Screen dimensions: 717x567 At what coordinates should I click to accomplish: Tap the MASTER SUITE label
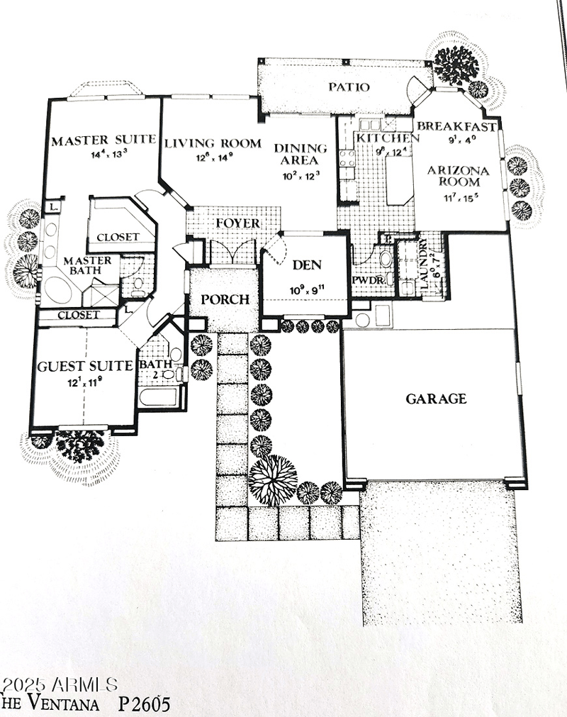click(103, 140)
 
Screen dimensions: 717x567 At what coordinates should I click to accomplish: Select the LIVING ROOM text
click(213, 143)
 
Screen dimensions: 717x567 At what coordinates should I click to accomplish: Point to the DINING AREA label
click(301, 154)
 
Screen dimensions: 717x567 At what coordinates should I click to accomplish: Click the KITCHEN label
click(383, 138)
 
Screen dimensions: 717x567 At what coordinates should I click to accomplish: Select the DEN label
click(307, 265)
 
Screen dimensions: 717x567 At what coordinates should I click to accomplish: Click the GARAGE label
click(436, 399)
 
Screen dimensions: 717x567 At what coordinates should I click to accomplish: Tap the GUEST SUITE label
click(85, 366)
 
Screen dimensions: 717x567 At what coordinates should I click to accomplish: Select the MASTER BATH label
click(87, 266)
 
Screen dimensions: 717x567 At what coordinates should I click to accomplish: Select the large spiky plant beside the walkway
click(272, 479)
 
